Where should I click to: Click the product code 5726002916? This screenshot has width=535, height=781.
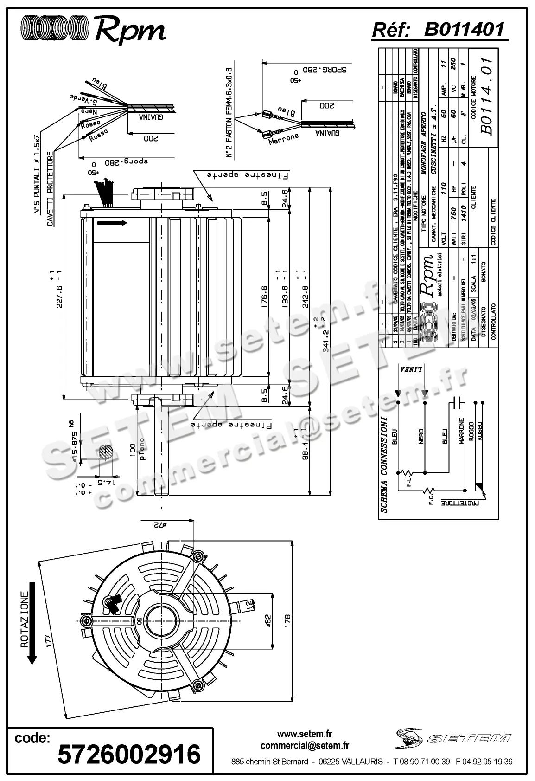129,754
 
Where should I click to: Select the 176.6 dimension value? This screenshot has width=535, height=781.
265,297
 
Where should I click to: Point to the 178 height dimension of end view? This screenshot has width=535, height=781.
287,620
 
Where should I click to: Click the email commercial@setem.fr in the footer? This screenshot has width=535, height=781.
305,746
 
